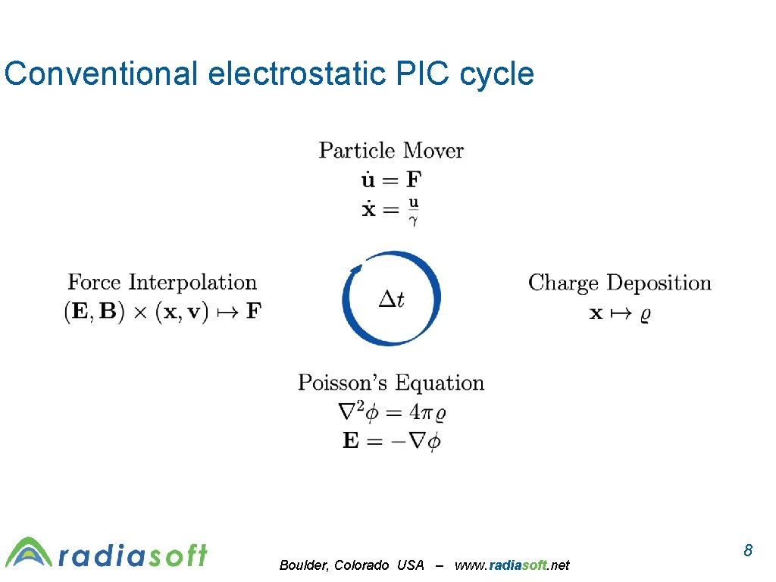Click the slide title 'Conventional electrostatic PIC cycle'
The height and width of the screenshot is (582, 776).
pos(269,74)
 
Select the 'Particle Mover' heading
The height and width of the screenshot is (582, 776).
pos(390,150)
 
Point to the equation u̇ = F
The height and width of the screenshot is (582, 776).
pos(390,180)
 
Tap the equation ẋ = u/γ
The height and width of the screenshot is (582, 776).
pos(390,209)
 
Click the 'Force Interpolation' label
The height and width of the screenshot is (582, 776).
pos(162,283)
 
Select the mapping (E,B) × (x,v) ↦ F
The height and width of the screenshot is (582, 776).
pos(162,311)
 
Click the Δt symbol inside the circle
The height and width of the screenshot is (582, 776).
pos(391,299)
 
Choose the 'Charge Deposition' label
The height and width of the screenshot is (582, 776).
pos(619,283)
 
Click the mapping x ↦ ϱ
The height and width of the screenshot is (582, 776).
pos(619,312)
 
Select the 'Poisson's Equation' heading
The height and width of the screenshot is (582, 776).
pos(390,383)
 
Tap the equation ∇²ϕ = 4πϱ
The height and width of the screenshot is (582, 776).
pos(390,412)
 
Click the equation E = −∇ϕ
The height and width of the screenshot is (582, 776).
pos(390,441)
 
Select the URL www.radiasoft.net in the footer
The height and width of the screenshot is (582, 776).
pos(512,565)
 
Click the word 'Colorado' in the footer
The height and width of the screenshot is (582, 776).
pos(361,565)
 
